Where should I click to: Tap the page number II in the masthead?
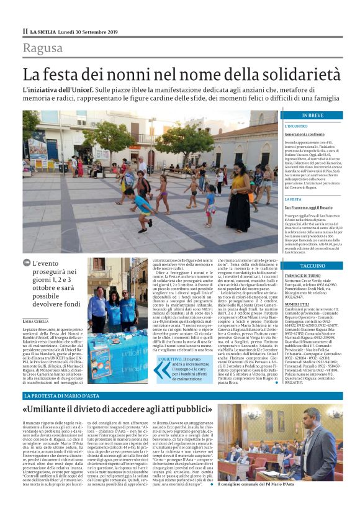pos(25,31)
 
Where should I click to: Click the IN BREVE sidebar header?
pos(312,115)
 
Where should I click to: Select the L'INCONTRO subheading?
pos(296,126)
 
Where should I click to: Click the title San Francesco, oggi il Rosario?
pos(308,206)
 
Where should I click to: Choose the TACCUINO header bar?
pos(312,266)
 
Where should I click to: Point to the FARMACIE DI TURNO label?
pos(303,275)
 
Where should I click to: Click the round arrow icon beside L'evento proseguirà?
pos(27,263)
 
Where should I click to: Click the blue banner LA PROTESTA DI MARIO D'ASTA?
pos(63,396)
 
